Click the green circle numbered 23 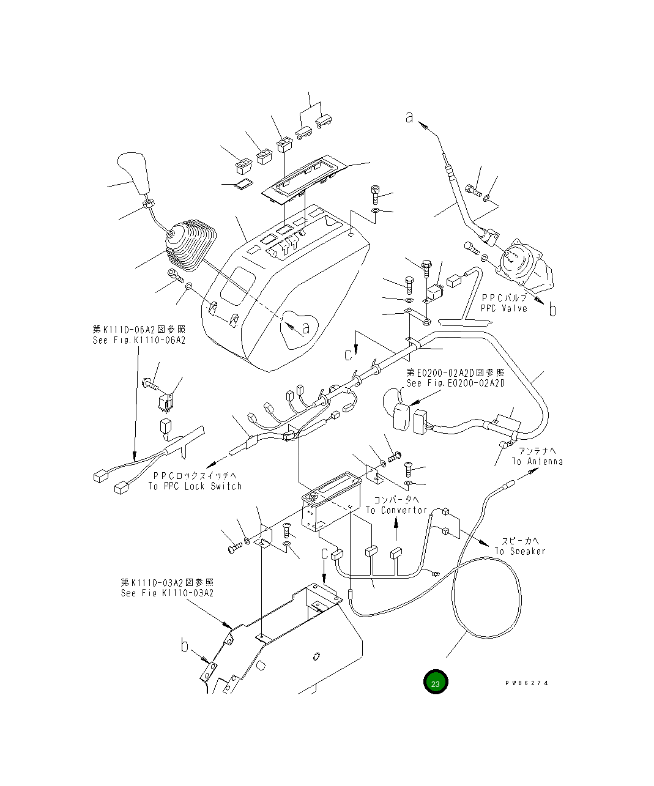tap(435, 683)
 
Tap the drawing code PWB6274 tap(526, 683)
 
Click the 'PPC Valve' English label tap(504, 309)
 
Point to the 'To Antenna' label tap(537, 461)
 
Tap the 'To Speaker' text tap(519, 551)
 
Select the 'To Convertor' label tap(396, 510)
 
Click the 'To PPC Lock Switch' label tap(195, 486)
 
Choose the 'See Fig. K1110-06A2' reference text tap(139, 340)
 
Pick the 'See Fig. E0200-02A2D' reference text tap(456, 383)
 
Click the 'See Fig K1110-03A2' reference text tap(167, 593)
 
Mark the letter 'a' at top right tap(409, 117)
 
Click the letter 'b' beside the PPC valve tap(552, 310)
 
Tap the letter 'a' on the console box tap(306, 328)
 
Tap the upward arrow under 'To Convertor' tap(396, 530)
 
